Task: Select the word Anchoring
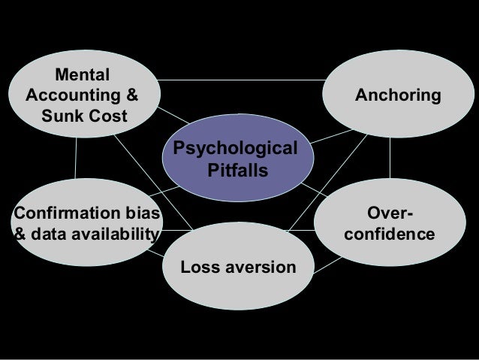[x=398, y=96]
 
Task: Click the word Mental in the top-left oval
[x=83, y=75]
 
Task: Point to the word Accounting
[x=72, y=96]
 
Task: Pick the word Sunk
[x=62, y=117]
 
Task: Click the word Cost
[x=107, y=117]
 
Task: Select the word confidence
[x=389, y=234]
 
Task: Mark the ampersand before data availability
[x=21, y=234]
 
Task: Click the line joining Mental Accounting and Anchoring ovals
[x=240, y=80]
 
